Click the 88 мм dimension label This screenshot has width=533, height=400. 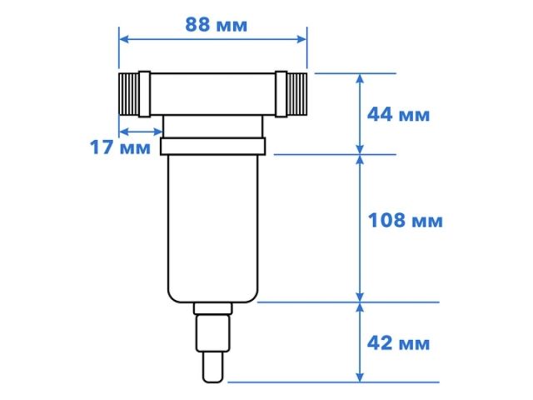216,24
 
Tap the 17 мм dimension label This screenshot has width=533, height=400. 120,148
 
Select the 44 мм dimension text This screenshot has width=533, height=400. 398,114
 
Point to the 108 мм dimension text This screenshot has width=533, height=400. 405,221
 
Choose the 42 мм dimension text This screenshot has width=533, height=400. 398,342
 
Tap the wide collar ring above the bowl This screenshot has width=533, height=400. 214,147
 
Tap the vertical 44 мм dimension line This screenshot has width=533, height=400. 360,113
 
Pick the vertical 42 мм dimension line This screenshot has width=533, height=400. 360,342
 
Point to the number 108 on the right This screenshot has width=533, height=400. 386,221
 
